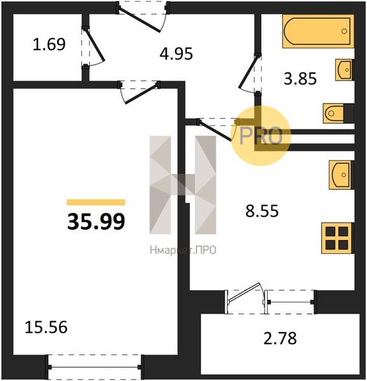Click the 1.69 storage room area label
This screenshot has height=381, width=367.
49,44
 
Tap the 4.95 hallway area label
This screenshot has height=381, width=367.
176,53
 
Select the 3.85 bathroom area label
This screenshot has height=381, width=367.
300,79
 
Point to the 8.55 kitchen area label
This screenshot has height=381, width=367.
262,211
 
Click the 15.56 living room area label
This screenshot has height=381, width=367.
46,327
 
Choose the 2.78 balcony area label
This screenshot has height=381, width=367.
280,338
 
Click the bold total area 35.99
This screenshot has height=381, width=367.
96,222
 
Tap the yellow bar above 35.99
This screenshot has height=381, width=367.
96,202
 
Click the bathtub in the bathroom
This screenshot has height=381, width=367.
318,31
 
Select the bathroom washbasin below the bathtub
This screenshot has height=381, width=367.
344,70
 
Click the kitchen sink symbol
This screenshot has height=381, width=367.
341,175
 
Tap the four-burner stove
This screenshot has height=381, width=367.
337,238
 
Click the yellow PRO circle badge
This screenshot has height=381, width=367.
260,136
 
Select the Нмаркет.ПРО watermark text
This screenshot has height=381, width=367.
183,250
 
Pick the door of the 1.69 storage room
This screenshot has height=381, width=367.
93,46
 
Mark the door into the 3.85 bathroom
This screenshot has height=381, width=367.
250,74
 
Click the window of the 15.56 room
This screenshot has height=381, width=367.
95,367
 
